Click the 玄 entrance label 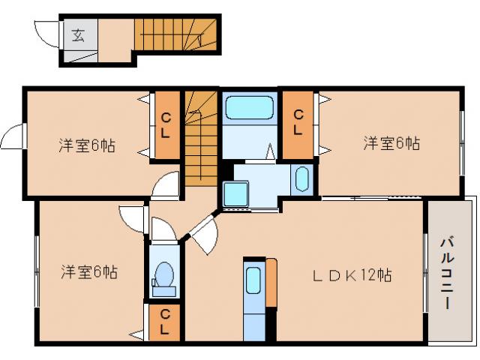78,34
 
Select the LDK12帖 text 351,275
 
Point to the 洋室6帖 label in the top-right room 391,142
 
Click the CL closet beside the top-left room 166,125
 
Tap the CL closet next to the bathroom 298,124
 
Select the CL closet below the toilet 163,322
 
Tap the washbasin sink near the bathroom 301,179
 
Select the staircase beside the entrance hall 175,34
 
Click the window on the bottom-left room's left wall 35,271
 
